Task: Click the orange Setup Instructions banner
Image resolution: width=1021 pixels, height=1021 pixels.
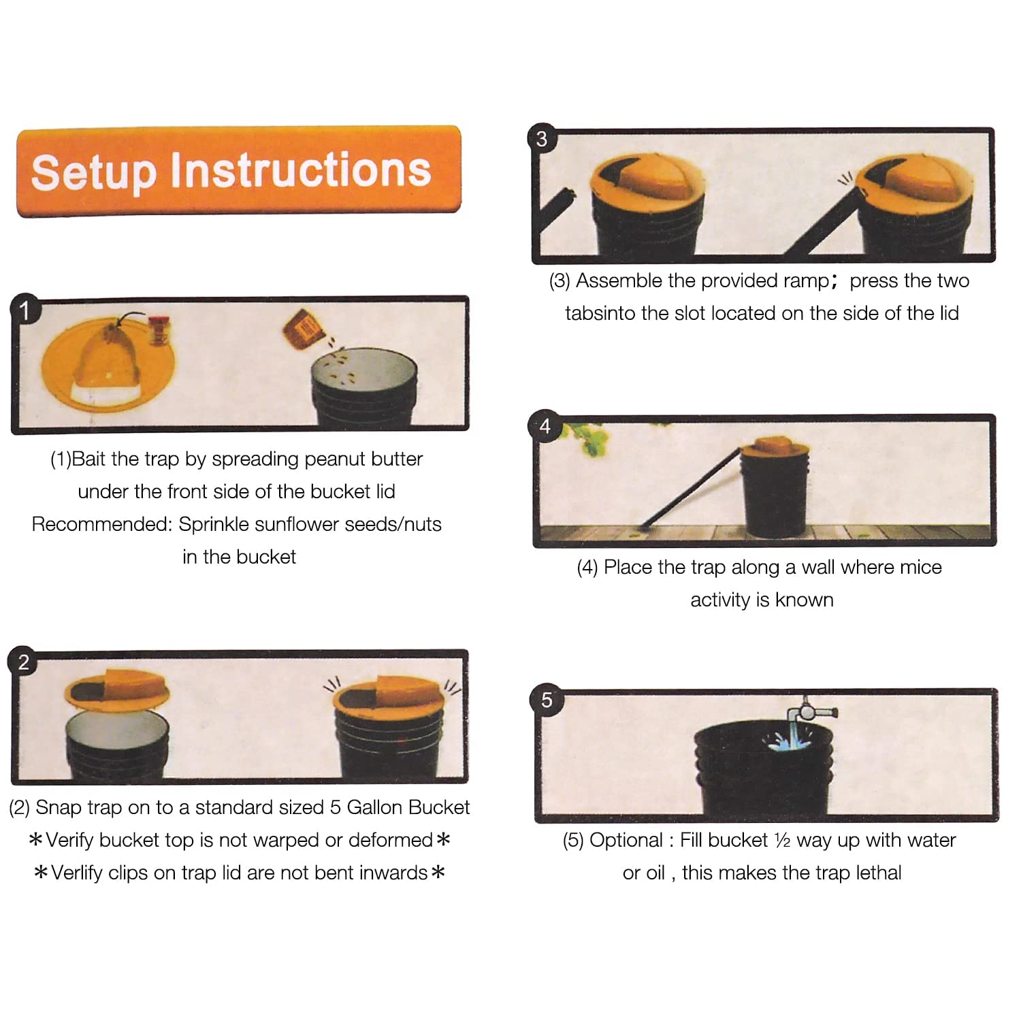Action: pos(239,171)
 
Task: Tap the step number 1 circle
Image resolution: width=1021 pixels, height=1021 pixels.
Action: pos(25,310)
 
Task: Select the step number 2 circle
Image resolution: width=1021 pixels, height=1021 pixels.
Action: pos(24,662)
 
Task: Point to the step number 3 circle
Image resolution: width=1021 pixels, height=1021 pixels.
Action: pos(542,139)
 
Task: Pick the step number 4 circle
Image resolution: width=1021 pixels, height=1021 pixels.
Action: pos(545,427)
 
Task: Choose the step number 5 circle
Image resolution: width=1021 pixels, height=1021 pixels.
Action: pos(547,700)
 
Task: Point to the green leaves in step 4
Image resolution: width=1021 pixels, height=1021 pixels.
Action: pos(587,439)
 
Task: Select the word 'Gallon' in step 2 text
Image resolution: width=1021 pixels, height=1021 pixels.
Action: pos(374,807)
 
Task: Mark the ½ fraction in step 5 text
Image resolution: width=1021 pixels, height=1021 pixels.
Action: pos(782,841)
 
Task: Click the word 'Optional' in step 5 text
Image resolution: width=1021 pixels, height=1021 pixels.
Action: pos(626,841)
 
